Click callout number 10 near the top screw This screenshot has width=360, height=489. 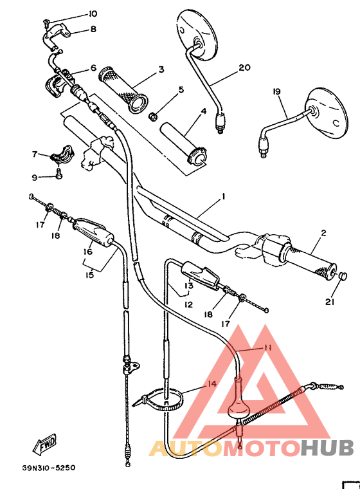point(93,14)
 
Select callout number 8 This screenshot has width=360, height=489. point(93,29)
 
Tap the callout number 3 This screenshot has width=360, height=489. point(161,69)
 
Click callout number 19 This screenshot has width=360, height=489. point(277,92)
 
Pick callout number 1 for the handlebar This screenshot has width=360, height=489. point(223,196)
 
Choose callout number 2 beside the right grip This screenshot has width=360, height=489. point(323,233)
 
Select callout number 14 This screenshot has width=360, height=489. point(211,385)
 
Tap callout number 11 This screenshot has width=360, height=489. point(267,347)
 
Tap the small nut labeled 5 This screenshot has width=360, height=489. point(154,116)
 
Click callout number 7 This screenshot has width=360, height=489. point(35,154)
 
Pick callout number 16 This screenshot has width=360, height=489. point(88,252)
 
